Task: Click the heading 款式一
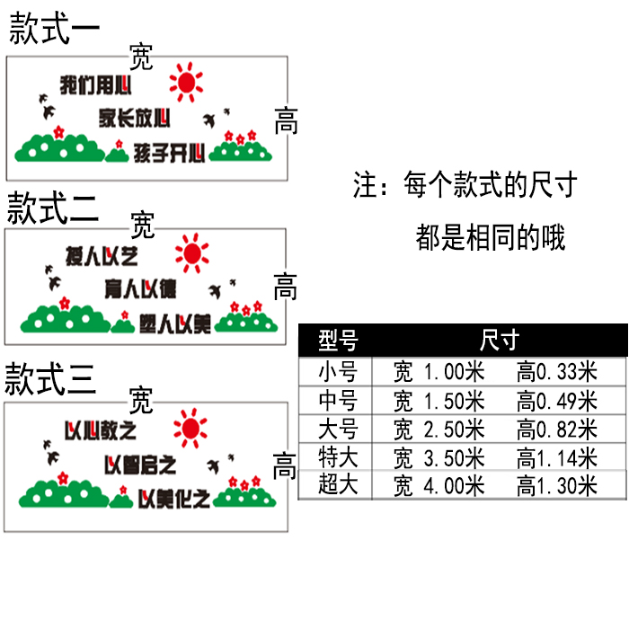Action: (x=54, y=28)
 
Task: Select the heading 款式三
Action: (x=50, y=380)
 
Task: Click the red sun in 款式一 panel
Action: (x=187, y=83)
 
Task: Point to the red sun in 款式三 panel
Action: (x=190, y=429)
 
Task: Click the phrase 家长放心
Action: (x=135, y=117)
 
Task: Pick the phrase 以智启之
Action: (x=140, y=465)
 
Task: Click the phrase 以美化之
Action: (x=174, y=497)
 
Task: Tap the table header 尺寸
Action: (x=500, y=341)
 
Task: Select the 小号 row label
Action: (x=338, y=371)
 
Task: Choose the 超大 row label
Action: (x=338, y=486)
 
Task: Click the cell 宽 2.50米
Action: (x=439, y=429)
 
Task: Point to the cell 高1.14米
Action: (x=557, y=457)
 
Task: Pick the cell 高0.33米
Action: (x=557, y=371)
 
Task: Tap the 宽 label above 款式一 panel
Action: (x=141, y=58)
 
